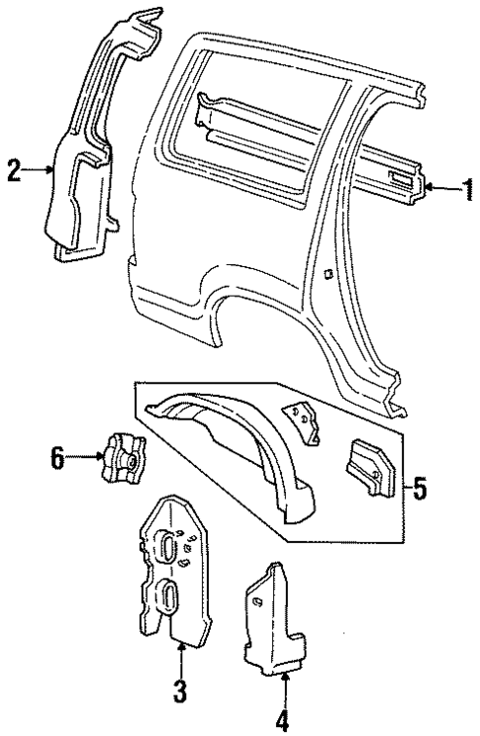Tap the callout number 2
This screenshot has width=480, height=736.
(x=13, y=170)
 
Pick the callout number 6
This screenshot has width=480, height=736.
(x=58, y=457)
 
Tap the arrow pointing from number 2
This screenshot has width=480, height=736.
(x=36, y=170)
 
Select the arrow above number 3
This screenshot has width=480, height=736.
(x=182, y=654)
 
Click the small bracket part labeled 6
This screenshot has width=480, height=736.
(x=122, y=457)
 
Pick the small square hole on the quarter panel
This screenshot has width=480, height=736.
(x=327, y=276)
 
